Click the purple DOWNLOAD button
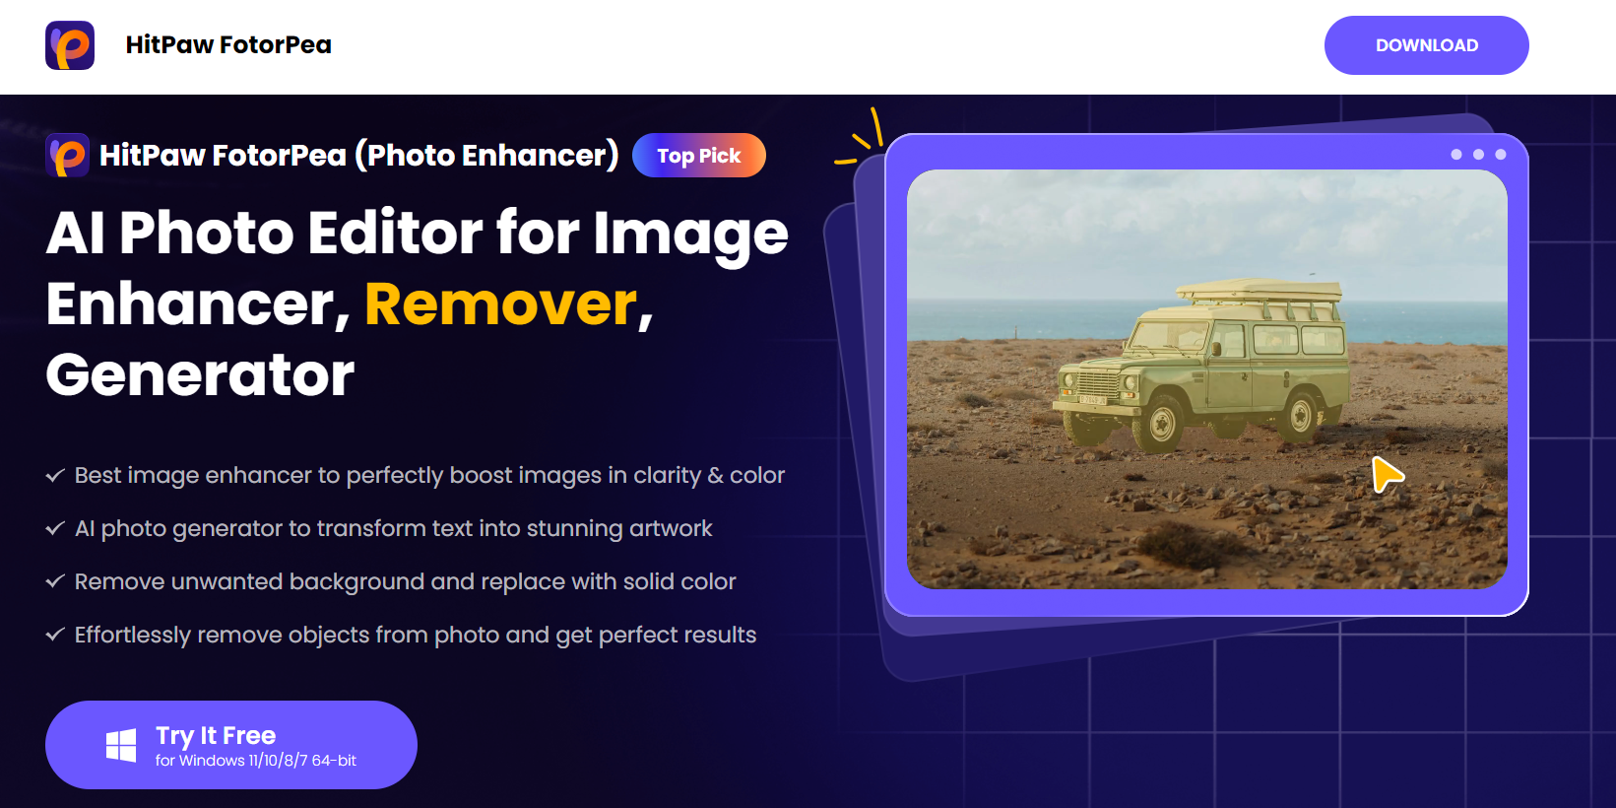[1426, 45]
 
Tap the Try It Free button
[231, 745]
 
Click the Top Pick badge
[698, 156]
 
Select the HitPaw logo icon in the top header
[70, 45]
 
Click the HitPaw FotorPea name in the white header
[228, 45]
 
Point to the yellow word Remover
[501, 304]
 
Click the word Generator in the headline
[200, 375]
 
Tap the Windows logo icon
[121, 746]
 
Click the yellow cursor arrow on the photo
[1387, 475]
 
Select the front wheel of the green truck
[1163, 424]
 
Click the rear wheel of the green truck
[1302, 417]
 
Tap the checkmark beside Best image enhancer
[55, 476]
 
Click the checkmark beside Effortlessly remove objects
[55, 636]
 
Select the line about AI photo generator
[393, 529]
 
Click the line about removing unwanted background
[405, 582]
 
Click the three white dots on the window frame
[1478, 155]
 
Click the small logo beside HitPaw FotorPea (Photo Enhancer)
[68, 156]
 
